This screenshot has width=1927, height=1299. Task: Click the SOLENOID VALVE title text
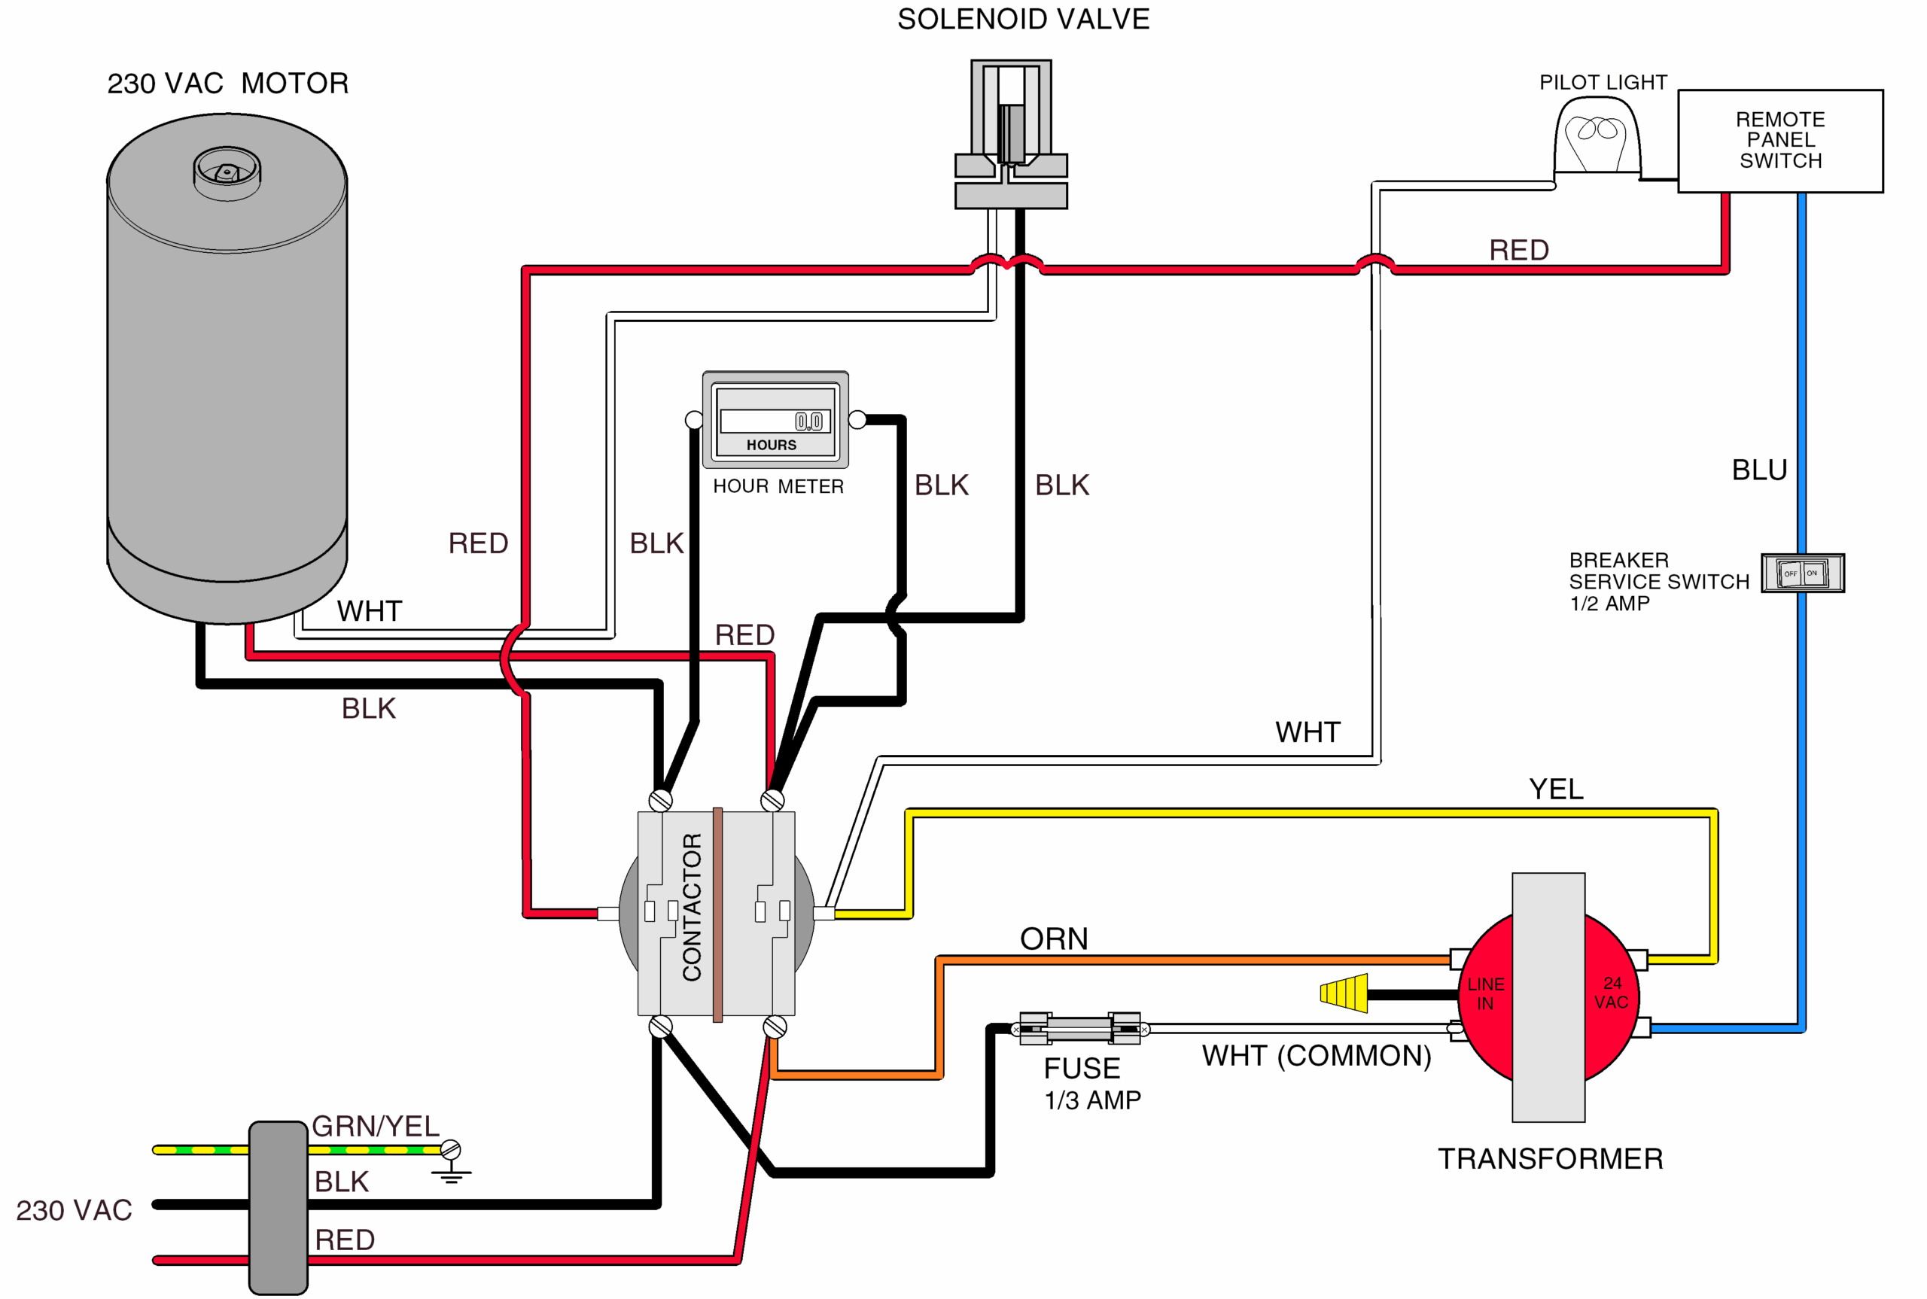click(x=1023, y=19)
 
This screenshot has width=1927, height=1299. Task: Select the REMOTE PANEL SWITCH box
click(x=1779, y=141)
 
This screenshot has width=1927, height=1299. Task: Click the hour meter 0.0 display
click(x=808, y=421)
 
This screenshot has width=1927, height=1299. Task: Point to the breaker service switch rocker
click(x=1802, y=573)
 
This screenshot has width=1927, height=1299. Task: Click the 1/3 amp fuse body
click(x=1079, y=1029)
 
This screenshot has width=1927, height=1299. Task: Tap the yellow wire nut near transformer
click(x=1344, y=993)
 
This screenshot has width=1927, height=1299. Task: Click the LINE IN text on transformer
click(x=1485, y=993)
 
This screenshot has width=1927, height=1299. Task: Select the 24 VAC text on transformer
click(x=1612, y=993)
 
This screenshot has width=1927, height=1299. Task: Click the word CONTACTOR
click(x=692, y=907)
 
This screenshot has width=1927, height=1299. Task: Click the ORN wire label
click(x=1054, y=939)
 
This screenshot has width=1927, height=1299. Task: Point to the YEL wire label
click(x=1556, y=789)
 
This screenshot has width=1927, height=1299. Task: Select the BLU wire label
click(x=1759, y=470)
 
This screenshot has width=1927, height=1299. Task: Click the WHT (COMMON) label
click(x=1317, y=1055)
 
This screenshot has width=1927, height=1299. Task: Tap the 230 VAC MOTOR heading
click(x=228, y=84)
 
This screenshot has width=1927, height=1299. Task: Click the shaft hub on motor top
click(x=227, y=171)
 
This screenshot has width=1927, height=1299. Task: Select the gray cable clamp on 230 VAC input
click(x=279, y=1207)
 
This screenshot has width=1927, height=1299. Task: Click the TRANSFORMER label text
click(x=1550, y=1158)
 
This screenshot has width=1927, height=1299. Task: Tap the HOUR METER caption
click(x=778, y=486)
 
